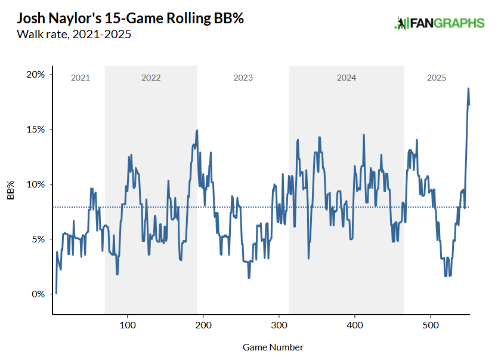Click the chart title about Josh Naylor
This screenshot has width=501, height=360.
(130, 19)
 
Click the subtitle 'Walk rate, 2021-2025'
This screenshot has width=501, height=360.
(74, 35)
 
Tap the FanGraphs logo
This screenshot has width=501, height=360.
(439, 23)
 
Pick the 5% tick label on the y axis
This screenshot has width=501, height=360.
(38, 239)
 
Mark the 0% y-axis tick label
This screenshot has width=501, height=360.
(38, 294)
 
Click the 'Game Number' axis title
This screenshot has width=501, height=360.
(273, 347)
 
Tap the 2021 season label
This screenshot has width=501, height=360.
(80, 78)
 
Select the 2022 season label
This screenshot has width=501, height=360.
(151, 78)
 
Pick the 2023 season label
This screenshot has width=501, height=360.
(243, 78)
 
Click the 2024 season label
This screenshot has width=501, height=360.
(347, 78)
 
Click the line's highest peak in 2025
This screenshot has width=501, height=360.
(468, 88)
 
